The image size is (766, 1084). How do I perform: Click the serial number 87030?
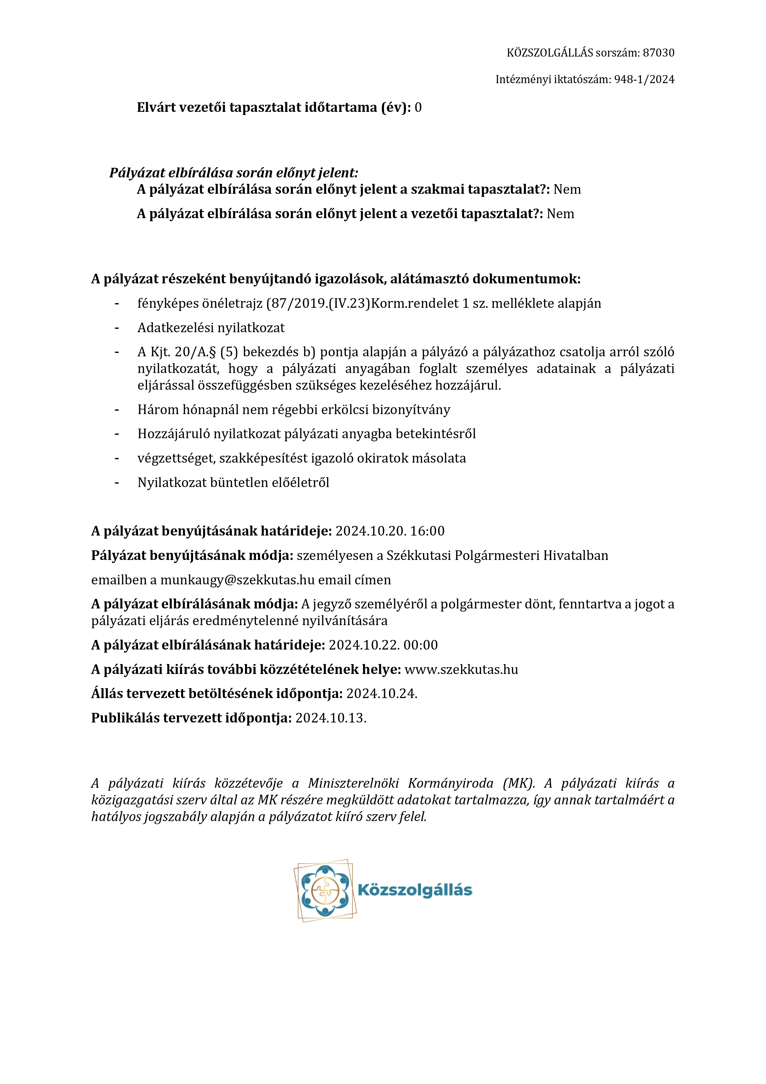659,53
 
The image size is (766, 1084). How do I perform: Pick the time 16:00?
427,531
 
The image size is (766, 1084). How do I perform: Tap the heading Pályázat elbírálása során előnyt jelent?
233,173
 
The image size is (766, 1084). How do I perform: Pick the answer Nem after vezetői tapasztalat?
560,214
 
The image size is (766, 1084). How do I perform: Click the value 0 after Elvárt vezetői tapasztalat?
418,108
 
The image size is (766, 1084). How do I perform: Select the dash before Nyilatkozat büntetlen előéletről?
116,482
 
